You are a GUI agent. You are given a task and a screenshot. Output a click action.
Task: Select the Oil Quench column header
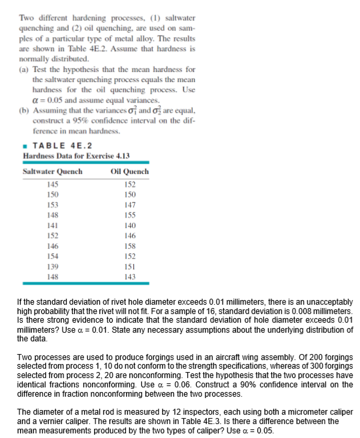coord(130,171)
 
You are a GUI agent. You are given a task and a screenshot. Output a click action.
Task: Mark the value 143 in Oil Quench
coord(130,276)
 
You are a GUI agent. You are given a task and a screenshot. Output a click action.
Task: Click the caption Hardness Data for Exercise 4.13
coord(66,156)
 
